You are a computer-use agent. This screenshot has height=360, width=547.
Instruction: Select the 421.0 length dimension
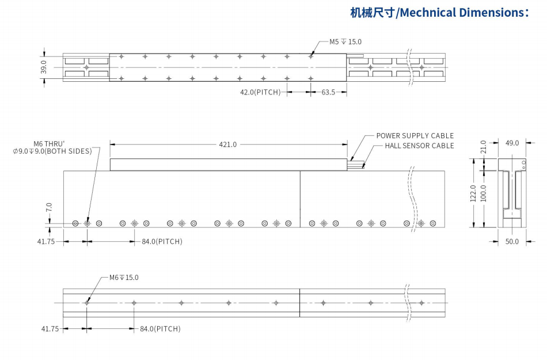228,145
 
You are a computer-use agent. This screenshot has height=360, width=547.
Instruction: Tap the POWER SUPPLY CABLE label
415,136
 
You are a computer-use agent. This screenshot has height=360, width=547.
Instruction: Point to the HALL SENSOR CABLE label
419,146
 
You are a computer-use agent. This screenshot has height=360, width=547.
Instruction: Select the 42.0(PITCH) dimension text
260,92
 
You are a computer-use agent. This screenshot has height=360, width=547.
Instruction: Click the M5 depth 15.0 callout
345,42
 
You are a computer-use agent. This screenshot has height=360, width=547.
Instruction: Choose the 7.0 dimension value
50,206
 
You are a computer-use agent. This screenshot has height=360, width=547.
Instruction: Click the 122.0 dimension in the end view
473,193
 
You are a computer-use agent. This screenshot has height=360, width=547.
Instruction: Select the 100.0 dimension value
484,193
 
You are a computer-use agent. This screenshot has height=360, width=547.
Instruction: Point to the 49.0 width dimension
512,143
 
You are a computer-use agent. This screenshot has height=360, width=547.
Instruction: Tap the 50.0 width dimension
512,241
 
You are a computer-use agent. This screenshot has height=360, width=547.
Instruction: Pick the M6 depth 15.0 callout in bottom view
124,278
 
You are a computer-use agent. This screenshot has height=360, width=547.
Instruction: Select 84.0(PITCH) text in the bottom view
160,329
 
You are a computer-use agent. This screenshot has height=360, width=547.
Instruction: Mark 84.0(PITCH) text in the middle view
162,241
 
